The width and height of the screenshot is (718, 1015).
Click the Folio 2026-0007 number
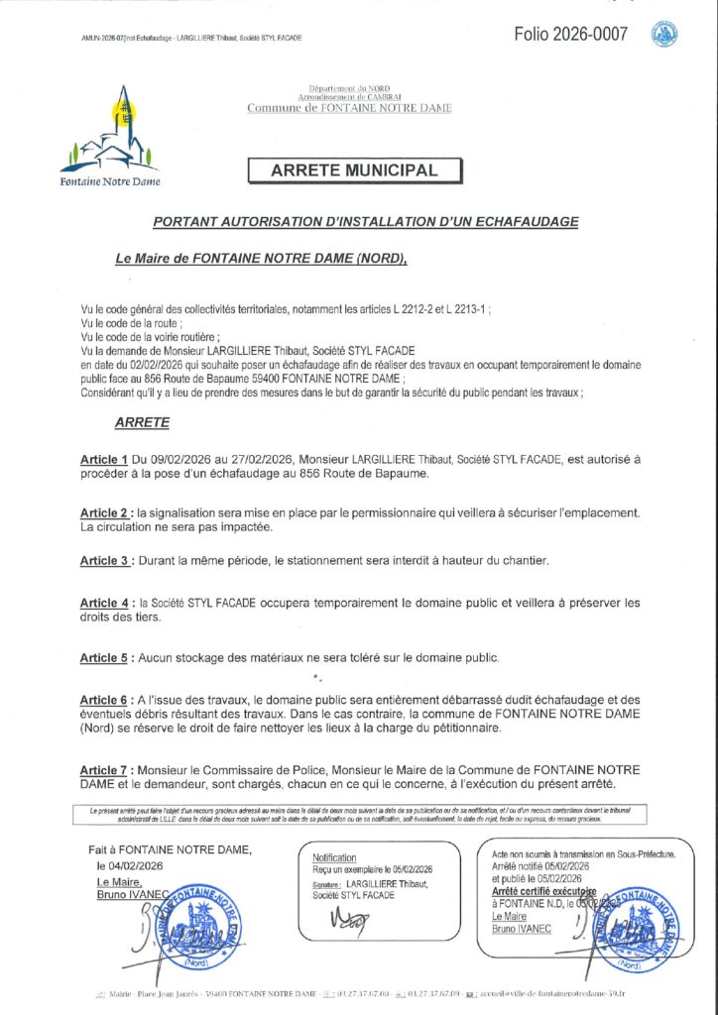[570, 35]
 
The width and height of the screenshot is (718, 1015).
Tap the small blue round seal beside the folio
[664, 35]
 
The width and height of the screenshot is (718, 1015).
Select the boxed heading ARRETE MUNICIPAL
[354, 170]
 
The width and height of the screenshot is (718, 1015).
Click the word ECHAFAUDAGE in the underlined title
[529, 222]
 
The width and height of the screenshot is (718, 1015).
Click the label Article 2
[104, 512]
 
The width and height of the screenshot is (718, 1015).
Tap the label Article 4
[104, 603]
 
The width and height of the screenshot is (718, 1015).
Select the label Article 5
[104, 658]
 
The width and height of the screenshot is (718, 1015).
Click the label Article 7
[104, 770]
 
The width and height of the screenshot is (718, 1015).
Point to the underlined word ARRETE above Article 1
[142, 422]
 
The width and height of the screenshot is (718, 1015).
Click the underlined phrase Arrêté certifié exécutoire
[543, 891]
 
